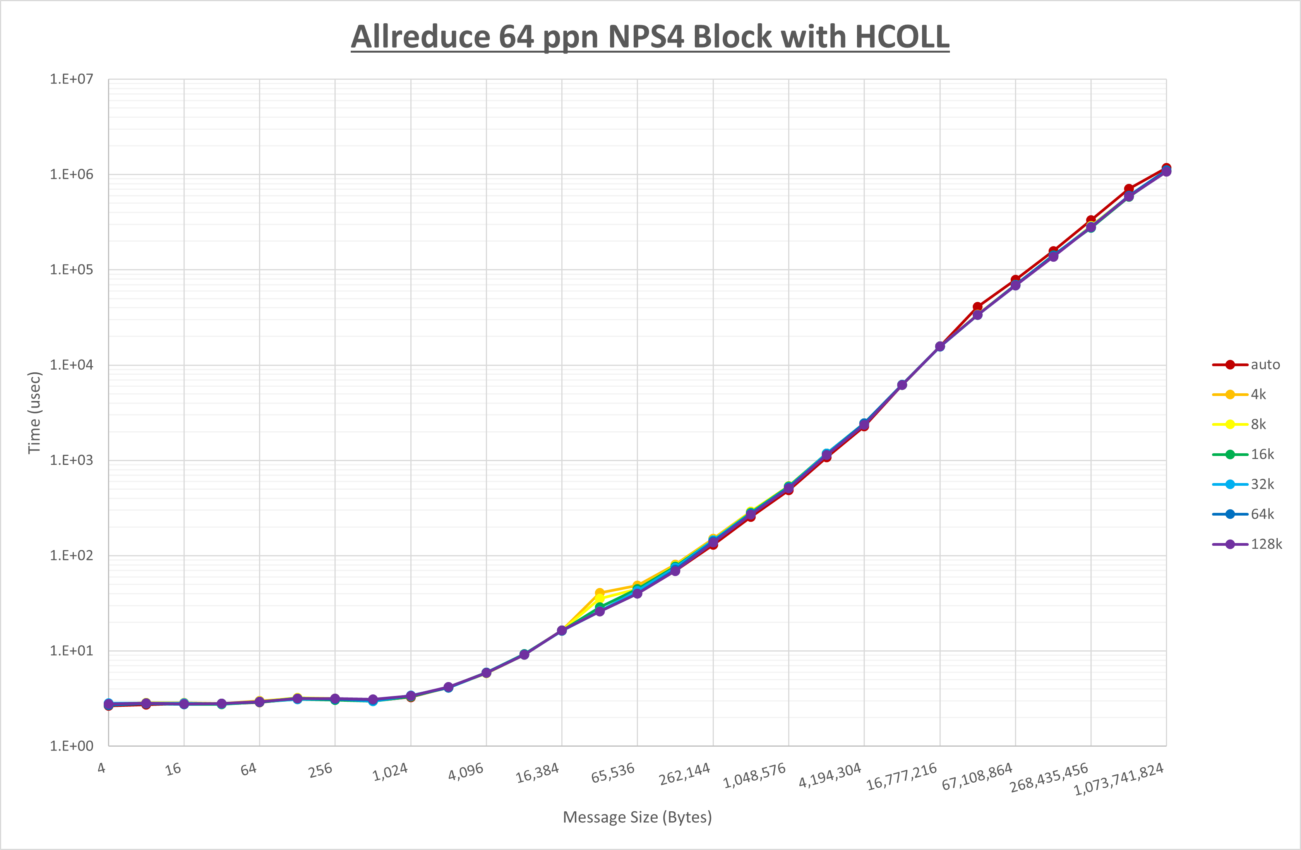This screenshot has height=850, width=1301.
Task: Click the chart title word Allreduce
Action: tap(420, 37)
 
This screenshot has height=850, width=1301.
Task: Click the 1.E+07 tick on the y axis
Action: tap(72, 79)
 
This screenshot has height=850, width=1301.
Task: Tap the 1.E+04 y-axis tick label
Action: tap(72, 365)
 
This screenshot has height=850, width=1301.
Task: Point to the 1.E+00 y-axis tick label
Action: tap(72, 746)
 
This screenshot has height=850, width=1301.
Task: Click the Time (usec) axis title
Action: tap(34, 413)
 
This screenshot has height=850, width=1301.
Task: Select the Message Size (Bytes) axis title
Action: tap(638, 817)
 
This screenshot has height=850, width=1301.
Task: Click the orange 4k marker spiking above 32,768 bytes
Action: tap(600, 593)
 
